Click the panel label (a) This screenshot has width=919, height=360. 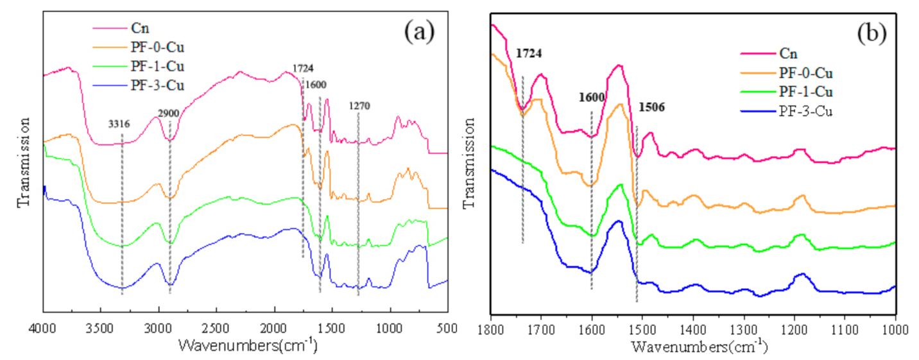(x=419, y=31)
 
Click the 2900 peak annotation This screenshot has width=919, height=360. (x=168, y=113)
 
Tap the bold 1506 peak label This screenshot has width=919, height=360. (x=651, y=108)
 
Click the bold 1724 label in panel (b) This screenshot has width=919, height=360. (x=529, y=55)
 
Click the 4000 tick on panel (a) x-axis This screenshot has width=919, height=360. (x=44, y=327)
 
